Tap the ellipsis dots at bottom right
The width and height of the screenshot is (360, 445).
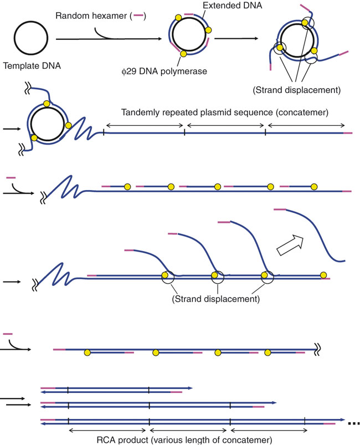tap(353, 423)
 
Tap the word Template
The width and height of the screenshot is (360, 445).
tap(19, 66)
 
